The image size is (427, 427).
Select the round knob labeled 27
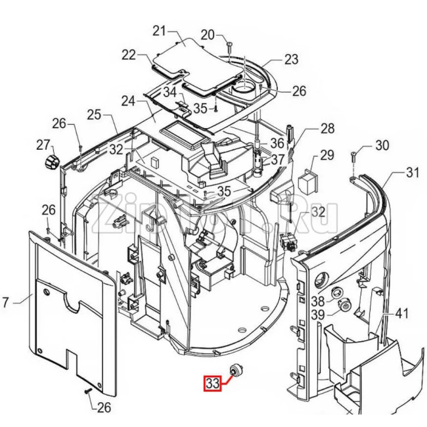51,161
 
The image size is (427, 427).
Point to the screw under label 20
229,45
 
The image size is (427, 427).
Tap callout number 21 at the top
160,30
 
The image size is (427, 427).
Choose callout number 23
291,59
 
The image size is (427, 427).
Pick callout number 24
128,101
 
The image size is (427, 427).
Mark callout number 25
94,115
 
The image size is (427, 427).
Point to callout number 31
412,173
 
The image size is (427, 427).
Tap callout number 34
170,92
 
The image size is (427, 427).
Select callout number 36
277,143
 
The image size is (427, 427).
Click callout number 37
278,159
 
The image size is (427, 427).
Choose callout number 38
318,301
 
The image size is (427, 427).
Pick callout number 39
318,316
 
